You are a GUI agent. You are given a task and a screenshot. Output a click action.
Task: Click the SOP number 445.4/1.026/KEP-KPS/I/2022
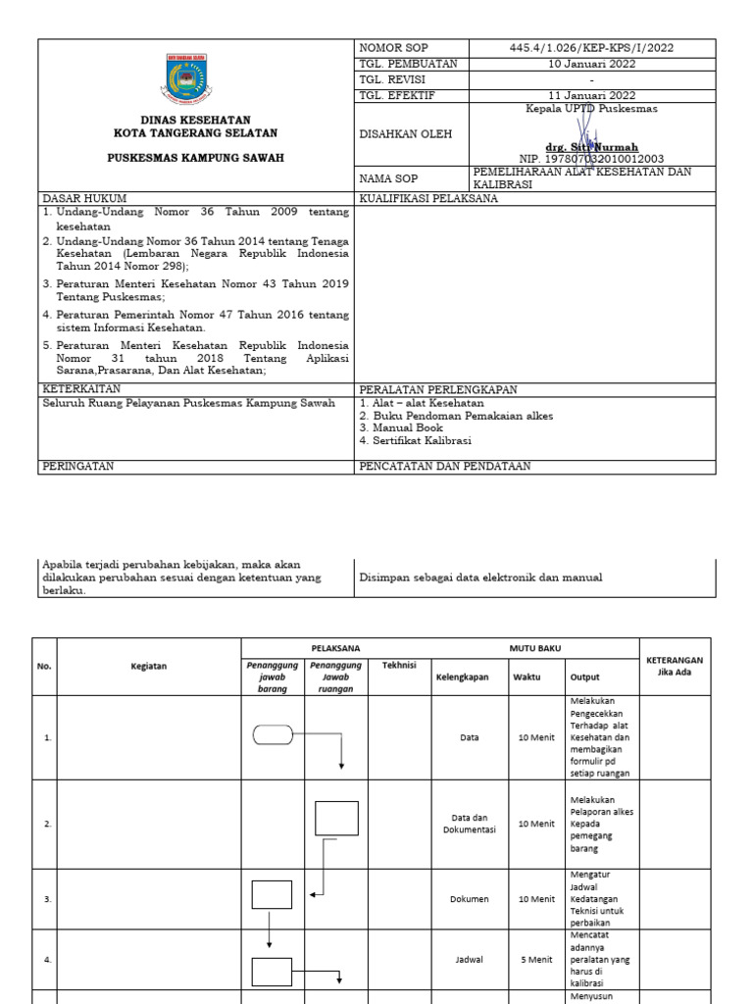pos(591,47)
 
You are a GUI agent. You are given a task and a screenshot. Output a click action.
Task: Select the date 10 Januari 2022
pos(591,64)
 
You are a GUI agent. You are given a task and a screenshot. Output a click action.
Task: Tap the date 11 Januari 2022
pos(591,95)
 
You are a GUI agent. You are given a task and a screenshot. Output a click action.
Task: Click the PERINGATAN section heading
pos(78,467)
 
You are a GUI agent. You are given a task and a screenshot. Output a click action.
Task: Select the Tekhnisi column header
pos(399,666)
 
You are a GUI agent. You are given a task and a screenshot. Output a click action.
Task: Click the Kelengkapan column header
pos(463,677)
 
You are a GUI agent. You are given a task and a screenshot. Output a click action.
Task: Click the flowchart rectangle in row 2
pos(336,818)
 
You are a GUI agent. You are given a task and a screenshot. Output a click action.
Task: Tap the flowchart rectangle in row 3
pos(272,894)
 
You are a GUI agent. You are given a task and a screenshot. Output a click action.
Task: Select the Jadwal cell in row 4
pos(469,961)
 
